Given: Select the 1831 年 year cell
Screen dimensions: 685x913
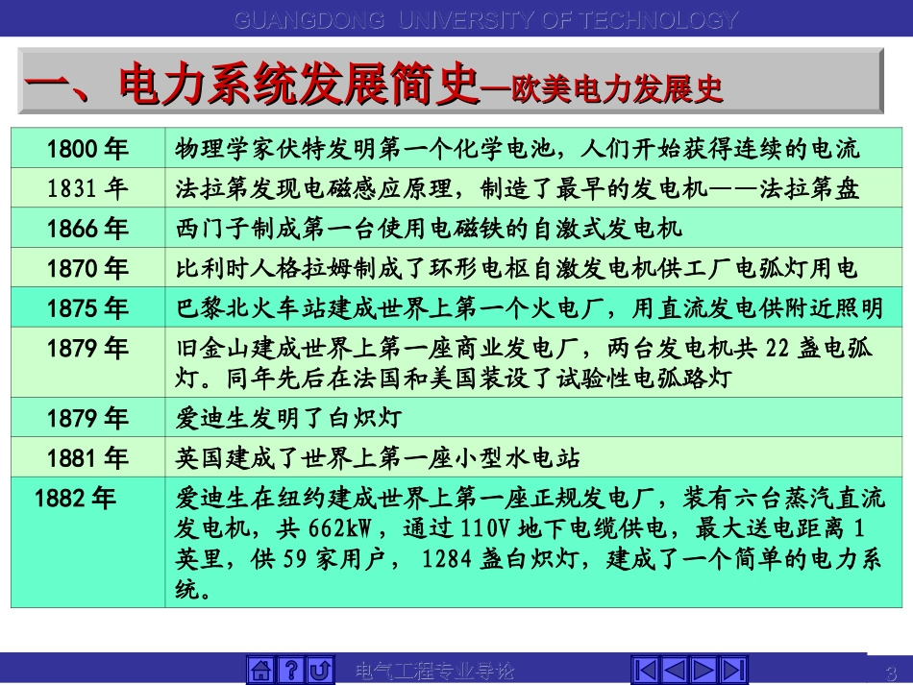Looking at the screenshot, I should tap(87, 188).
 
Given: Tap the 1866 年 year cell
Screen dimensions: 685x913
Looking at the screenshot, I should tap(87, 228).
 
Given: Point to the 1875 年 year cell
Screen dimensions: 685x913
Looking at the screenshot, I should tap(87, 307).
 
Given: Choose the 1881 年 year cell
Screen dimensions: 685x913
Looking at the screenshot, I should tap(87, 457).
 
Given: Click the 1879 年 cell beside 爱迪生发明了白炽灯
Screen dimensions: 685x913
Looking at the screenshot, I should tap(87, 418).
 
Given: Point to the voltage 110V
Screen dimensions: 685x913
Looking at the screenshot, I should tap(461, 528).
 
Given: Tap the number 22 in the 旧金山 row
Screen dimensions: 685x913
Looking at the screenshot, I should tap(777, 348).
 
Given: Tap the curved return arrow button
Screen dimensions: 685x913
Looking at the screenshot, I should tap(321, 670).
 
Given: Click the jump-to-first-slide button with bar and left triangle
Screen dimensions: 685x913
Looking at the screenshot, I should tap(647, 670).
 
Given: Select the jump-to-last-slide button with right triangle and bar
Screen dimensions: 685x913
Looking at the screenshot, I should tap(733, 670).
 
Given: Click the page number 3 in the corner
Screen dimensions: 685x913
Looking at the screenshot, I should tap(889, 672).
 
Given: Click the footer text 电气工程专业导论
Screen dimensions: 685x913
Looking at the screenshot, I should tap(435, 671).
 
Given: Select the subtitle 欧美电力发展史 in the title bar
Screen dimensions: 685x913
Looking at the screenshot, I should tap(614, 89).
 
